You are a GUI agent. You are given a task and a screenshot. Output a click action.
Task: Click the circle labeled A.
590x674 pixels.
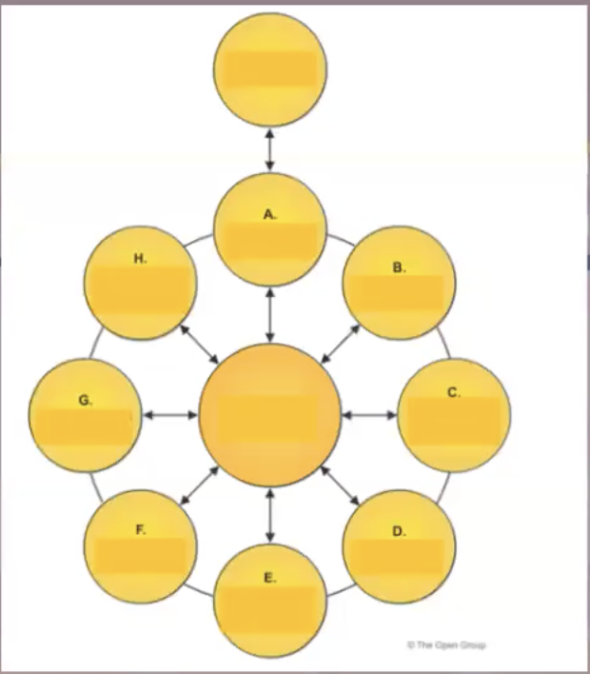[271, 228]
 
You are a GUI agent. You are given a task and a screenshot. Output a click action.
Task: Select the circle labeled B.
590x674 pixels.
[399, 284]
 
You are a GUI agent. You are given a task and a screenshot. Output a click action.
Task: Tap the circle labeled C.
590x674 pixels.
[454, 416]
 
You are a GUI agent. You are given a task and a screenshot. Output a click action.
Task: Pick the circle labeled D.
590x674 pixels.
[399, 547]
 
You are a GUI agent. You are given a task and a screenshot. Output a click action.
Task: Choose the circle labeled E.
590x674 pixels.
[271, 600]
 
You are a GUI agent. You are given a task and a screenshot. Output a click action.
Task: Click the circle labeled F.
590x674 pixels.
[141, 547]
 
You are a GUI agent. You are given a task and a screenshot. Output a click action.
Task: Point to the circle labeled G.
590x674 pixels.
[86, 416]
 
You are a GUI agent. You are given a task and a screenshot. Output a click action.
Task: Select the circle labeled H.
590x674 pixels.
[141, 284]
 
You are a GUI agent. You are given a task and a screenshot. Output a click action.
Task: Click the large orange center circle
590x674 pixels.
[270, 416]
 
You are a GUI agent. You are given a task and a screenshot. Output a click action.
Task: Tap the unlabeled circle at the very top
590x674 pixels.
[271, 68]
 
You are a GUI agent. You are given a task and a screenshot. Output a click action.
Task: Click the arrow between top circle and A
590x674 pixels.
[271, 149]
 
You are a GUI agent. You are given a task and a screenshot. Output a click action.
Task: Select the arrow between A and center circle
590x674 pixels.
[271, 314]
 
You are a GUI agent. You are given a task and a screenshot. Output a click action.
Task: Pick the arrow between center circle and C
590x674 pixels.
[369, 415]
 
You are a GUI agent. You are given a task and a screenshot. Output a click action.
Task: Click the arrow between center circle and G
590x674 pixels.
[170, 415]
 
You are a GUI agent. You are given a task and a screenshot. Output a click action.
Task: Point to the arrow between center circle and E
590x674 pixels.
[271, 515]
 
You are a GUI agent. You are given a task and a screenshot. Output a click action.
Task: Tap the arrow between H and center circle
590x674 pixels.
[199, 342]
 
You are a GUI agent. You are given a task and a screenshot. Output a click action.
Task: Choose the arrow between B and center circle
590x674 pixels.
[342, 343]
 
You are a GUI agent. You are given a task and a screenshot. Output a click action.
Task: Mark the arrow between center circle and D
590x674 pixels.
[341, 487]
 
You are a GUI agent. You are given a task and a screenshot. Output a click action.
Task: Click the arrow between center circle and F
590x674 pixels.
[199, 487]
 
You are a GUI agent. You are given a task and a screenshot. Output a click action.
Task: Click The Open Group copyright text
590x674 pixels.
[446, 644]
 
